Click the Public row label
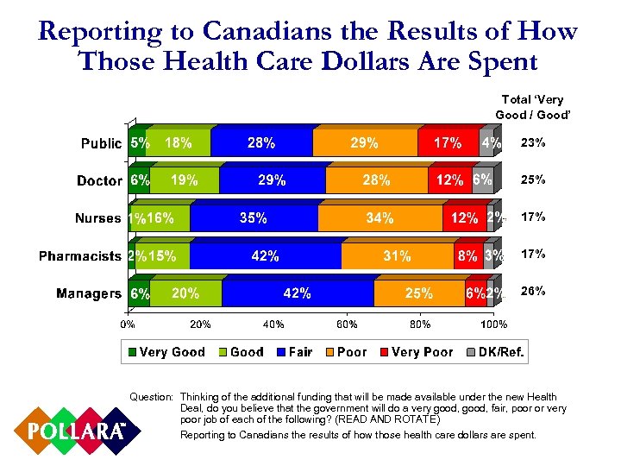coord(101,143)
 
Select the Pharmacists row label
coord(79,256)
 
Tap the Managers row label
coord(89,294)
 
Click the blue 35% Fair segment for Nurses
coord(254,218)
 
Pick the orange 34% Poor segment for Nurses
coord(379,218)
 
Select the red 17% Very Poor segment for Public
coord(448,143)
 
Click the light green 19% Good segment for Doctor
coord(185,180)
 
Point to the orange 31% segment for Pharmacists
coord(397,256)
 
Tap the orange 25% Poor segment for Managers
coord(419,294)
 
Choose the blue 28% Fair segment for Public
coord(261,143)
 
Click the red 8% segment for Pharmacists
coord(468,256)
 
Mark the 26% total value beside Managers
coord(533,292)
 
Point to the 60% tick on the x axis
coord(348,324)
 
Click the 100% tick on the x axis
coord(493,324)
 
